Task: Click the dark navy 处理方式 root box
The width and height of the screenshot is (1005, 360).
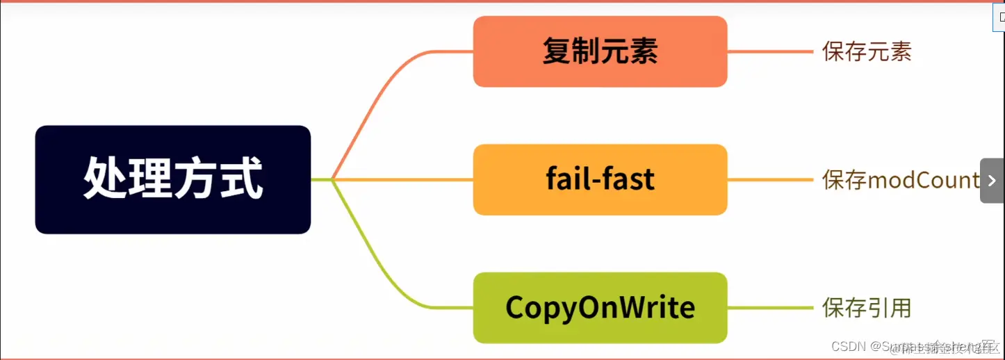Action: [172, 179]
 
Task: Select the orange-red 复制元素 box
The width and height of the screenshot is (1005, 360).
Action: [600, 51]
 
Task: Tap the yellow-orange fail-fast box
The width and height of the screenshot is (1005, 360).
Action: [600, 179]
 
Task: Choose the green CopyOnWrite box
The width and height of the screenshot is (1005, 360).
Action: [600, 307]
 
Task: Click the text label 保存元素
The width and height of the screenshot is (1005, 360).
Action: [866, 51]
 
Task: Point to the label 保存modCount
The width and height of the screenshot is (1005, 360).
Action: [901, 180]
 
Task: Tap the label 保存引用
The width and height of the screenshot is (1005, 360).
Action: [866, 307]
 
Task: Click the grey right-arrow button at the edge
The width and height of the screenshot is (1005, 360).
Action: [992, 181]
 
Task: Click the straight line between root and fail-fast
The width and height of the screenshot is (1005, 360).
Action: [403, 179]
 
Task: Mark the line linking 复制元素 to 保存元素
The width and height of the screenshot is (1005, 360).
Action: [769, 51]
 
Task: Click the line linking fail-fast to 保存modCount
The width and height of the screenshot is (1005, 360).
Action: [769, 179]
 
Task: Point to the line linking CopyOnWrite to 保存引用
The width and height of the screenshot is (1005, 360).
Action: [769, 307]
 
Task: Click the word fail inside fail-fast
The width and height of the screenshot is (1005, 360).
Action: [566, 179]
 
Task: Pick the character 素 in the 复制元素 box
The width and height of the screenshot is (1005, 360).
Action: [644, 51]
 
